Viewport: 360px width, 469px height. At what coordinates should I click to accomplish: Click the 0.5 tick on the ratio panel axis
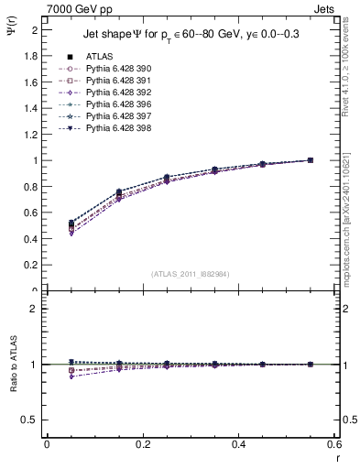tap(34, 420)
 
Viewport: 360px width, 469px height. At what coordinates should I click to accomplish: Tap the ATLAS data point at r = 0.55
tap(311, 160)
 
